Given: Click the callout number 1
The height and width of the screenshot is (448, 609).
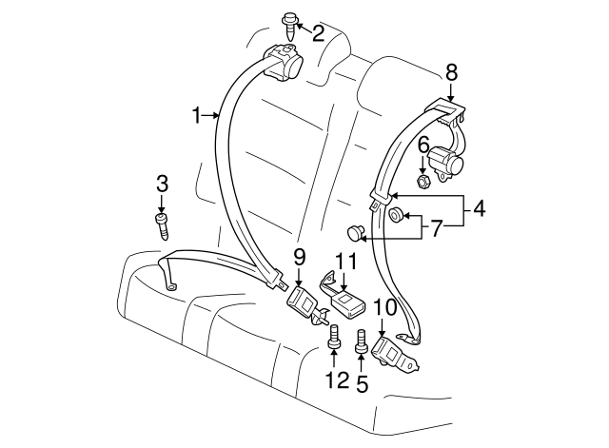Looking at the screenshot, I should (197, 116).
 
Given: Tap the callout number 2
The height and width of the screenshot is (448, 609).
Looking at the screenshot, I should (317, 34).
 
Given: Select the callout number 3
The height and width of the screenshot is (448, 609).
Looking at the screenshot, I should (162, 182).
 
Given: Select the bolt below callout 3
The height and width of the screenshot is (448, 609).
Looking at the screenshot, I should (163, 226).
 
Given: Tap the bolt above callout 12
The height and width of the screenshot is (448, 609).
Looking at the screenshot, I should (334, 337).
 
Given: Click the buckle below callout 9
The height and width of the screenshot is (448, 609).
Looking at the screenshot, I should (306, 305).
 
